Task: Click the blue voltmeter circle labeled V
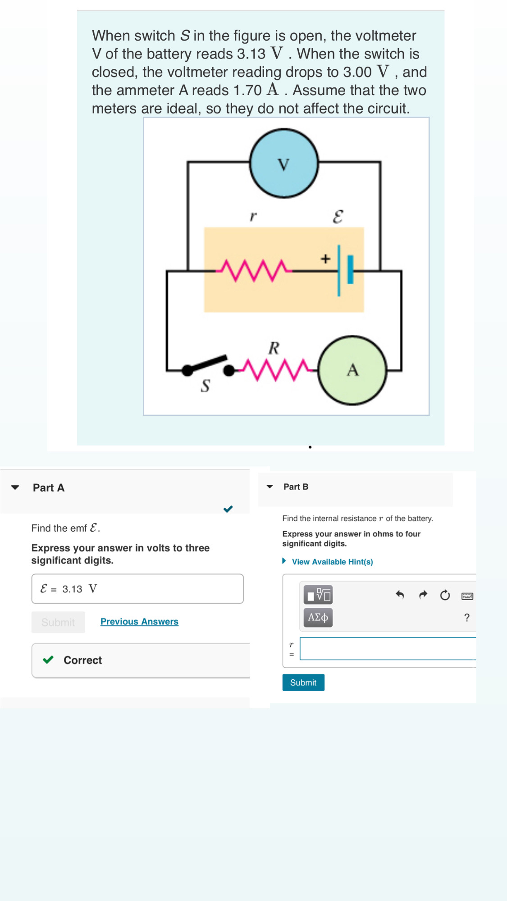point(284,164)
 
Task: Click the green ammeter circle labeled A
point(352,370)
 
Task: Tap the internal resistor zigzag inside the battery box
point(254,270)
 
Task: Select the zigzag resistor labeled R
point(276,369)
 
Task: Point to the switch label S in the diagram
point(205,386)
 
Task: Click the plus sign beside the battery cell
point(325,259)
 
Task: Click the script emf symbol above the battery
point(338,217)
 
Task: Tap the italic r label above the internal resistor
point(253,216)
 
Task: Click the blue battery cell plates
point(345,270)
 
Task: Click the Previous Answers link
point(139,622)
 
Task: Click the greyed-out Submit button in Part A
point(58,622)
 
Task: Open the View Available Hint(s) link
point(332,562)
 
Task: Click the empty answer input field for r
point(388,649)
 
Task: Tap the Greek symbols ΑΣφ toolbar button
point(318,618)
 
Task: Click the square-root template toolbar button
point(318,595)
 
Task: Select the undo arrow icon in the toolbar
point(400,595)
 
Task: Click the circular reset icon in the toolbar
point(445,595)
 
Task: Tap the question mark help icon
point(467,618)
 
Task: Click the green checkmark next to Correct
point(48,660)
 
